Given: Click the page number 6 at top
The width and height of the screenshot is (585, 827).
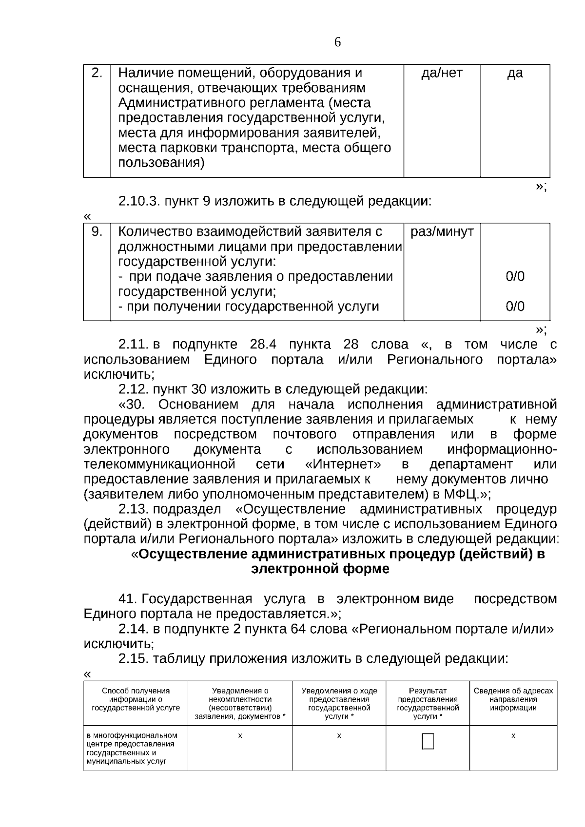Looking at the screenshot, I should pos(338,42).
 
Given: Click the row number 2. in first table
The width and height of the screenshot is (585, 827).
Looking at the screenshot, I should pos(97,73).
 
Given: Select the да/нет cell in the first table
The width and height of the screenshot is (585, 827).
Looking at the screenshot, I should pos(442,73).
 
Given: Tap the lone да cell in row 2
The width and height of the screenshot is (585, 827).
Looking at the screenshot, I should pos(515,73).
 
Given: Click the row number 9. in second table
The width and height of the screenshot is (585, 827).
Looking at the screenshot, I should pos(97,231).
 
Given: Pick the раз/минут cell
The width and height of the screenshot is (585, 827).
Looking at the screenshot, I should pos(442,232).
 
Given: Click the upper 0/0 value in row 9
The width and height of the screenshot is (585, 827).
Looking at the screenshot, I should pos(515,277).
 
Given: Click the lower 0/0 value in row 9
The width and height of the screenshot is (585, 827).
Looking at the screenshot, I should pos(515,307).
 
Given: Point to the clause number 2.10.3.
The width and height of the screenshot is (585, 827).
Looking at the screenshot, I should pos(139,201).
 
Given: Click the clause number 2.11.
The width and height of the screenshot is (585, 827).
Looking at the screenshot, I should pos(133,345).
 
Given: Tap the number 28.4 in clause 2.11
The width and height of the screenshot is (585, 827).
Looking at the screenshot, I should pos(263,345).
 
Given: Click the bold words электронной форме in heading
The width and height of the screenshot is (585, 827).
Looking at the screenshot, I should pos(320,569).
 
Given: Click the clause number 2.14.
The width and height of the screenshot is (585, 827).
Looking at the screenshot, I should pos(133,629).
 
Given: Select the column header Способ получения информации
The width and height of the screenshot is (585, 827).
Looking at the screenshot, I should pos(136,699).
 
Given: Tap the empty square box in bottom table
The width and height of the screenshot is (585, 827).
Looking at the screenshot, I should pos(428,742).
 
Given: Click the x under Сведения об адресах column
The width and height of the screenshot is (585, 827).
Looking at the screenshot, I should pos(513,735).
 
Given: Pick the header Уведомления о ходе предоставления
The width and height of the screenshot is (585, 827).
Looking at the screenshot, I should pos(339,703).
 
